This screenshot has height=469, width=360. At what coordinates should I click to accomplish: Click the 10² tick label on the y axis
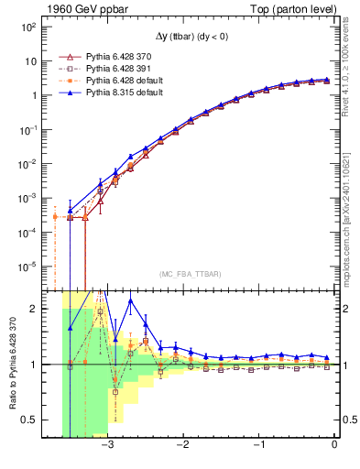point(29,27)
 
